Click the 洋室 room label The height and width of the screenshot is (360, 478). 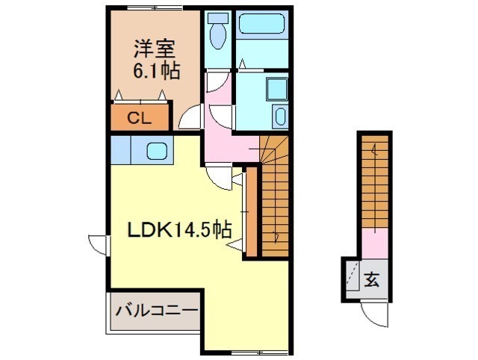(155, 49)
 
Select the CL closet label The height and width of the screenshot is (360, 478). (140, 118)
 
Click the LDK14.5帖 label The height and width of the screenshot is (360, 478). (179, 229)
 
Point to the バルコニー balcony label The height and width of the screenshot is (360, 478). (157, 311)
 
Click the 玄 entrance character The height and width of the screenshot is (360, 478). (372, 279)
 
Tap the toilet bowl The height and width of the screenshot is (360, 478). (217, 36)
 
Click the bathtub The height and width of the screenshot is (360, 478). (262, 24)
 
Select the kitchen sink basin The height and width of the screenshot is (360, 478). (157, 151)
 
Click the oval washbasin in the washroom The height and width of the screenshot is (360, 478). (280, 116)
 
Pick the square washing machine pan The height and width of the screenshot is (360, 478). (277, 89)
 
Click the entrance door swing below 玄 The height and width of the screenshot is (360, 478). (374, 314)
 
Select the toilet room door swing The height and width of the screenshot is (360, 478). (218, 81)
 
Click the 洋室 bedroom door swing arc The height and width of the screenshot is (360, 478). (190, 117)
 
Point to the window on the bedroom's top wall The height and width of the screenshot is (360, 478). (155, 8)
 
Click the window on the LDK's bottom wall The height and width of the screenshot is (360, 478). (260, 353)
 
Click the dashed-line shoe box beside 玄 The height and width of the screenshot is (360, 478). (353, 276)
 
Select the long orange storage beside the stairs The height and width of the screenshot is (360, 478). (252, 212)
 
